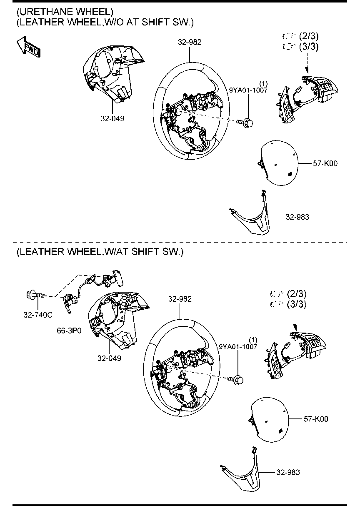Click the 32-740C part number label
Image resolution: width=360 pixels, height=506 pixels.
click(x=37, y=315)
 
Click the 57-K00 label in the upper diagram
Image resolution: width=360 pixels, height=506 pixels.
click(x=325, y=164)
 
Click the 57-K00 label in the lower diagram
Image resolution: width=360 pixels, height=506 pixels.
click(x=315, y=419)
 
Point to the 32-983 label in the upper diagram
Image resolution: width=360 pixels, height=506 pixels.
click(x=297, y=217)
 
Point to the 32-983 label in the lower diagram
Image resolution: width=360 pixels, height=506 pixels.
click(x=287, y=472)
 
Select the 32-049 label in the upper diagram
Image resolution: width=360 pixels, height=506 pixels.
click(x=112, y=118)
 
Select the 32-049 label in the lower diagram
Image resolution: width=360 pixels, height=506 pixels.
click(x=109, y=358)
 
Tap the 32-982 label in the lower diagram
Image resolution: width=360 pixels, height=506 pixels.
click(x=180, y=298)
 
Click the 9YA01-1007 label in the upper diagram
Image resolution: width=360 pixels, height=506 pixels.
click(x=248, y=90)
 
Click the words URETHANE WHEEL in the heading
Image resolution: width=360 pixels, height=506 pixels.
click(x=62, y=10)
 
